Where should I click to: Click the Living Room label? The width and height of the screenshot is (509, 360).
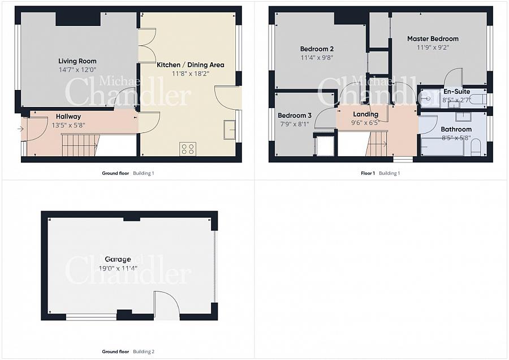[77, 61]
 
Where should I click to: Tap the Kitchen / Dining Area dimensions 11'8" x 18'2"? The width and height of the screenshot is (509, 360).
[190, 74]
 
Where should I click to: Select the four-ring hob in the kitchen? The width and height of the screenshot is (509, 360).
[188, 149]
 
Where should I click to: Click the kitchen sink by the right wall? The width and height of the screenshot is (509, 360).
[230, 130]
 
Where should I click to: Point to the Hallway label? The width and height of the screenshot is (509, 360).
[68, 116]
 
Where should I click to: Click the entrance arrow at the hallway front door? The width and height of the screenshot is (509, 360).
[20, 129]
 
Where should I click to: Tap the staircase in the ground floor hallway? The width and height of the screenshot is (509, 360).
[80, 144]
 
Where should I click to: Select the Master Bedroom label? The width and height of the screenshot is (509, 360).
[433, 38]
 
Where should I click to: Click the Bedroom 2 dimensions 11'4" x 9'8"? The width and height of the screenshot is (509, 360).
[317, 58]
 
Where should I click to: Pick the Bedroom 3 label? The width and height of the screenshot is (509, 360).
[295, 115]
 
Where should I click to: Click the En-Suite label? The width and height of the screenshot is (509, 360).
[457, 92]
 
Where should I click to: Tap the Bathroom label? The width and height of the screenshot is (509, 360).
[456, 129]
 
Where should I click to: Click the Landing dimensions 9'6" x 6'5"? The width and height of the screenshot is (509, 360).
[365, 123]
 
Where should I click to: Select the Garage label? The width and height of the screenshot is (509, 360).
[118, 259]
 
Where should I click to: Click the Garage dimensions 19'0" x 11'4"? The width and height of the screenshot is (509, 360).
[118, 268]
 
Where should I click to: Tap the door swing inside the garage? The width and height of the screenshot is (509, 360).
[166, 303]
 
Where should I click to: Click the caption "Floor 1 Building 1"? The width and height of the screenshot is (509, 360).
[381, 173]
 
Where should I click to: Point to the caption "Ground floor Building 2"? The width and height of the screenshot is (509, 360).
[128, 352]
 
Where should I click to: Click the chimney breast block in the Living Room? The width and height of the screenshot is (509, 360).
[78, 19]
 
